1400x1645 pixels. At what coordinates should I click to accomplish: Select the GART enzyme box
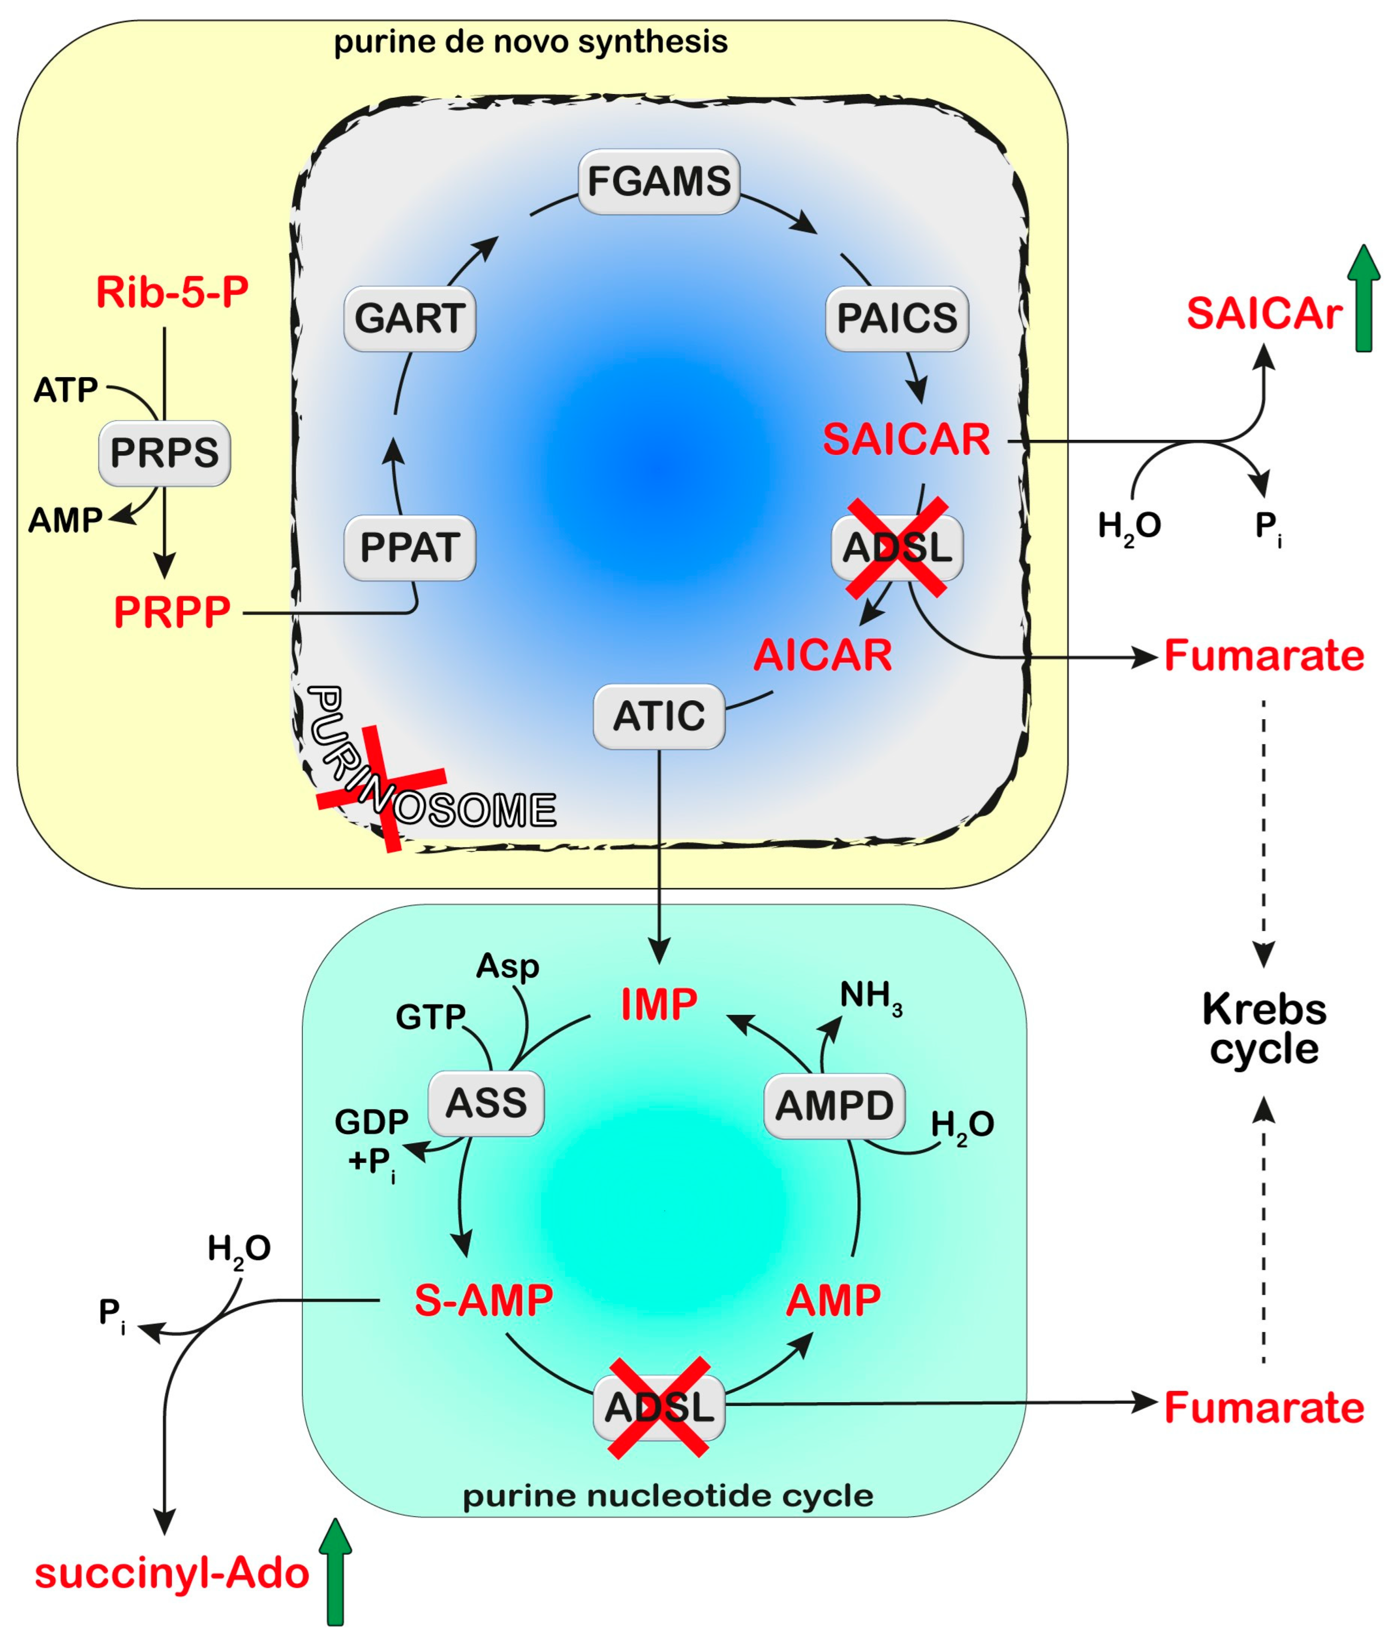click(x=410, y=318)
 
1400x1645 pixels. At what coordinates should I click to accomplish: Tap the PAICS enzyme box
click(x=897, y=318)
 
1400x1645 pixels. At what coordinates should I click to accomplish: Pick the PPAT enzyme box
click(x=410, y=548)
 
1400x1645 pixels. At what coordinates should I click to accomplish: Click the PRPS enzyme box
click(x=164, y=453)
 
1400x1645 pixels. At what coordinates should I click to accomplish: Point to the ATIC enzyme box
click(x=659, y=716)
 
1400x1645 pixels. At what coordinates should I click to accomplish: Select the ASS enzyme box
click(x=486, y=1104)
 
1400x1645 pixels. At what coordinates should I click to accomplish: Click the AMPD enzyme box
click(x=834, y=1106)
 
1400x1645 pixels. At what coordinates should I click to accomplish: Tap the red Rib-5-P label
click(x=172, y=292)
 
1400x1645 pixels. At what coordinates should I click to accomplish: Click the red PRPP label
click(x=172, y=612)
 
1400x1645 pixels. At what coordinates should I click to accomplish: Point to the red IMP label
click(x=659, y=1004)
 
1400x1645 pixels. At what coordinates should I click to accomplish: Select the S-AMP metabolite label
click(x=483, y=1300)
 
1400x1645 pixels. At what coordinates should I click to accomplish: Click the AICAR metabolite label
click(x=822, y=655)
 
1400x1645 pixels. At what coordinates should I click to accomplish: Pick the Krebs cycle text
click(x=1264, y=1029)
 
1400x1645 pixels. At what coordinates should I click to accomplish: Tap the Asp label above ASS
click(x=507, y=966)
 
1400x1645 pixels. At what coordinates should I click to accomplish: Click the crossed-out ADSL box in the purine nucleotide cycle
click(x=659, y=1408)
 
